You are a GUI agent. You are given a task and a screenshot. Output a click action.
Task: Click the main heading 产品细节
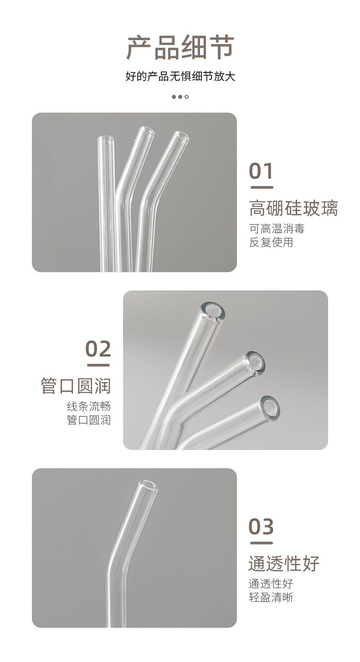pyautogui.click(x=180, y=47)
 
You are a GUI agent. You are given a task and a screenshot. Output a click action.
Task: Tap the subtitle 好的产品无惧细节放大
pyautogui.click(x=180, y=77)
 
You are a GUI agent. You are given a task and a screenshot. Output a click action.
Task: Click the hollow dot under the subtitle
pyautogui.click(x=186, y=97)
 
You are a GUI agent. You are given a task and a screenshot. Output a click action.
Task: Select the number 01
pyautogui.click(x=261, y=171)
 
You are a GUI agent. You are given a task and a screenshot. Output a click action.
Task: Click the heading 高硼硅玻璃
pyautogui.click(x=293, y=208)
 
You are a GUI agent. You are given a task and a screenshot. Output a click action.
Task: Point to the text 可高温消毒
pyautogui.click(x=277, y=228)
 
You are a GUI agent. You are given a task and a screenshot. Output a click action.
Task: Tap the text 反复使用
pyautogui.click(x=271, y=243)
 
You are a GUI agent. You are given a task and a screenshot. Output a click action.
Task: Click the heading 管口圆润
pyautogui.click(x=76, y=386)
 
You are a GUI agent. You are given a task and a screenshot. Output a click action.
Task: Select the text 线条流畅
pyautogui.click(x=88, y=406)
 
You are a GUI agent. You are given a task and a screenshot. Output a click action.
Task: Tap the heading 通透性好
pyautogui.click(x=284, y=564)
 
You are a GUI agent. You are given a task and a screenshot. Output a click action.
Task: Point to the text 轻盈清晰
pyautogui.click(x=271, y=597)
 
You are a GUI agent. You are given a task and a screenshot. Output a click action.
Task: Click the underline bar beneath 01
pyautogui.click(x=262, y=187)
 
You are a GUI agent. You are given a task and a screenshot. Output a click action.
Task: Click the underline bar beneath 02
pyautogui.click(x=98, y=365)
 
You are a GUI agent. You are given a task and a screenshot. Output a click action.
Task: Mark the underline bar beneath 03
pyautogui.click(x=262, y=543)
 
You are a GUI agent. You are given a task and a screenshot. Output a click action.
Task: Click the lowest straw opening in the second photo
pyautogui.click(x=269, y=409)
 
